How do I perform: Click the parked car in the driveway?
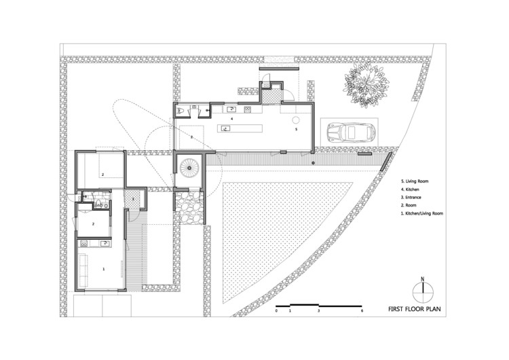[352, 132]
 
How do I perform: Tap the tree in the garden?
[366, 85]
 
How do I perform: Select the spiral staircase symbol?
[189, 168]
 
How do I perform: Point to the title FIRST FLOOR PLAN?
[415, 309]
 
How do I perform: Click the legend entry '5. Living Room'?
[415, 181]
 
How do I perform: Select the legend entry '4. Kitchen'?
[410, 190]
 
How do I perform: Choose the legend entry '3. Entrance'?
[411, 198]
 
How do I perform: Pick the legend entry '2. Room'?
[409, 205]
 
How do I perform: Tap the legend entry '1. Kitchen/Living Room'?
[422, 213]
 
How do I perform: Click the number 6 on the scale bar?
[362, 311]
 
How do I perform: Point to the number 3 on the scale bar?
[319, 311]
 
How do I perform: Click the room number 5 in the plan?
[296, 129]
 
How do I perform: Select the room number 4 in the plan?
[232, 119]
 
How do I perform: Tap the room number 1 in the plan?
[104, 269]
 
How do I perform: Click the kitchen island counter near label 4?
[240, 128]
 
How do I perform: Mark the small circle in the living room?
[296, 120]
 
